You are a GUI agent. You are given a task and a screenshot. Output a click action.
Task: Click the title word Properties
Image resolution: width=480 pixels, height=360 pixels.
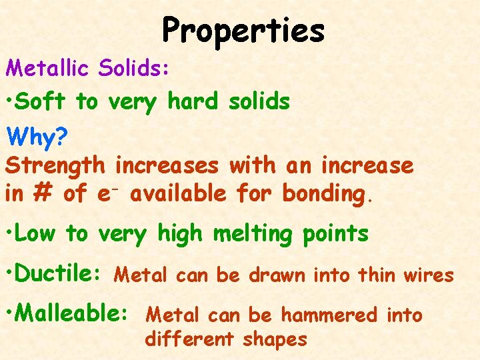(x=243, y=31)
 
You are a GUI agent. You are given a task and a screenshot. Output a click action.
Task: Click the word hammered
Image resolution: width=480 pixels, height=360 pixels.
(x=328, y=314)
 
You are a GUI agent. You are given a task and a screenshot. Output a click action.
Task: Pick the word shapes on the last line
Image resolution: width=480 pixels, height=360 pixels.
(x=275, y=339)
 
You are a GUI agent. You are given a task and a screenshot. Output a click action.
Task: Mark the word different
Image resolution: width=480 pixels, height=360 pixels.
(x=189, y=339)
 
